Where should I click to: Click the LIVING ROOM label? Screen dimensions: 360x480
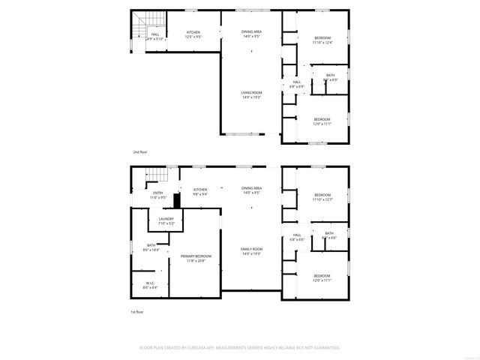(251, 93)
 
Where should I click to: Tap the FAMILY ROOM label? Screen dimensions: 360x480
(251, 250)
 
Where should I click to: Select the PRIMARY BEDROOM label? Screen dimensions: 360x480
(196, 256)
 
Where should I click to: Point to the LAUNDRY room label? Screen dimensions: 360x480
(166, 219)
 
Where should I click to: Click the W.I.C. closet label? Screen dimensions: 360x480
(149, 283)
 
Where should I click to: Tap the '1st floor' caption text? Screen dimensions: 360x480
(137, 311)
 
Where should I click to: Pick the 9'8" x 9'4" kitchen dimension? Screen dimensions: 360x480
(200, 194)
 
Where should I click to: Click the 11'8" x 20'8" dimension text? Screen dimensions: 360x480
(196, 261)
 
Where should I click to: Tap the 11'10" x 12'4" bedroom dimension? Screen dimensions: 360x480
(322, 42)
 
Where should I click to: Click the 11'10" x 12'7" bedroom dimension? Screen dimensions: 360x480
(322, 199)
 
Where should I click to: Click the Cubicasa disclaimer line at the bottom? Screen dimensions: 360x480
(240, 348)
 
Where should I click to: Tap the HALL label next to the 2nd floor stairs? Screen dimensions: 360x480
(155, 34)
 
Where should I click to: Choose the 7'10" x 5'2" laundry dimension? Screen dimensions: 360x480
(166, 223)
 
